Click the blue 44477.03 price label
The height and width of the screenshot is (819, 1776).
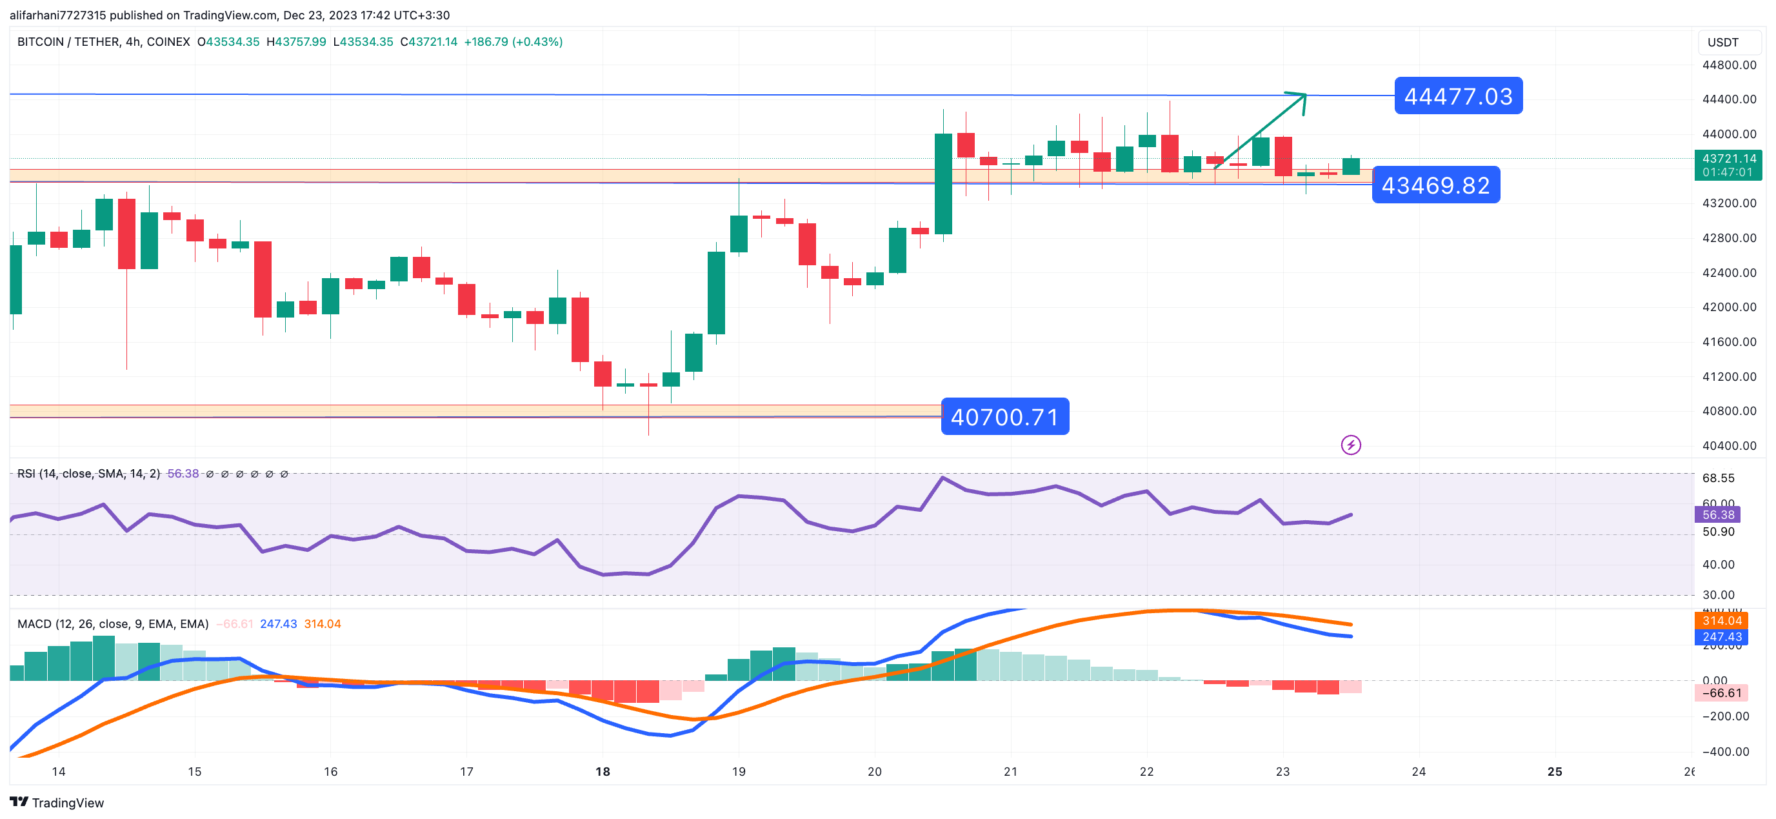coord(1457,96)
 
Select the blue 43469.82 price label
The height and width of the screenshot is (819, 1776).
coord(1435,185)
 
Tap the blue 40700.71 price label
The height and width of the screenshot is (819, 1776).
coord(1004,417)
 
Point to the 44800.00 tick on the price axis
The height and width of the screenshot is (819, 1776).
coord(1728,65)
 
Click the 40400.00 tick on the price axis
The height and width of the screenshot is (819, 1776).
coord(1728,446)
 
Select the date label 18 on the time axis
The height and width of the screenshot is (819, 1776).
coord(603,771)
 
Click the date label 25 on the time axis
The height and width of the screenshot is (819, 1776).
coord(1554,771)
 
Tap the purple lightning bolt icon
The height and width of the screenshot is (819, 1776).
coord(1351,445)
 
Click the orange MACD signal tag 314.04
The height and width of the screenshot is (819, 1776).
coord(1721,621)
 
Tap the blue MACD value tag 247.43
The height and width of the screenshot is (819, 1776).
coord(1721,637)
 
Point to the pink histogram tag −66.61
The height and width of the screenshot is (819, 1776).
coord(1721,693)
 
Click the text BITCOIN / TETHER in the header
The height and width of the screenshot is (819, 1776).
coord(66,42)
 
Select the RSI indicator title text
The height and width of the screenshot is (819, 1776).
coord(88,473)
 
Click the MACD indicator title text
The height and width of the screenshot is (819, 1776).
coord(112,623)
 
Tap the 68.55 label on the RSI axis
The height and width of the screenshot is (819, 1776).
coord(1717,478)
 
